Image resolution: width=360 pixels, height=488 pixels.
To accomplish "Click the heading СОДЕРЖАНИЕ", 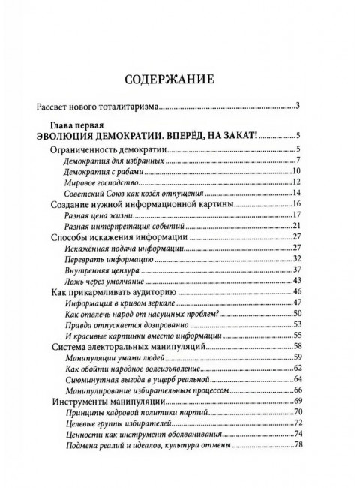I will click(179, 77).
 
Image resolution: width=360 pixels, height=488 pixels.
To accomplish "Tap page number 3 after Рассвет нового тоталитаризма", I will click(298, 106).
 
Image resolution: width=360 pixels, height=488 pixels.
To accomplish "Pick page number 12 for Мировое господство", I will click(297, 182).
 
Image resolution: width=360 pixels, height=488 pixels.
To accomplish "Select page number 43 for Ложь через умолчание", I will click(297, 281).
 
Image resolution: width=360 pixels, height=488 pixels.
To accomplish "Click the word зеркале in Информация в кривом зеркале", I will click(169, 303).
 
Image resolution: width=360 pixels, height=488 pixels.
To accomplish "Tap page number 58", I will click(297, 347).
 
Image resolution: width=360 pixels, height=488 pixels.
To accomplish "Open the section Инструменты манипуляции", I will click(113, 402).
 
